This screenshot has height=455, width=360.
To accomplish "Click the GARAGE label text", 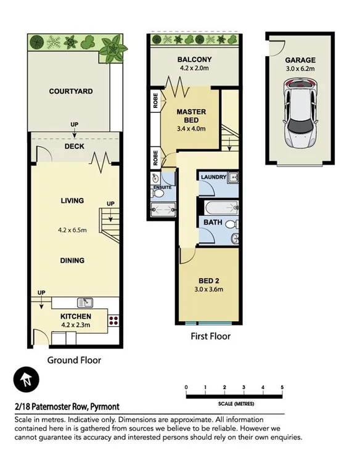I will pos(300,60).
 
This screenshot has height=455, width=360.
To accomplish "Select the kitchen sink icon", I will pos(85,302).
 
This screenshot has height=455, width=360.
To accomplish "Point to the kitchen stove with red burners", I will pos(113,320).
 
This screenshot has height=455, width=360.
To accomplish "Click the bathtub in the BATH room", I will pos(215,207).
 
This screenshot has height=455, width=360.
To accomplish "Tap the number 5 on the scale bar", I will pos(282,387).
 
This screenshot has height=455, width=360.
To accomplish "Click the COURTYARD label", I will pos(71,91).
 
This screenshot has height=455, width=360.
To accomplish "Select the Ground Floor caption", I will pos(74,360).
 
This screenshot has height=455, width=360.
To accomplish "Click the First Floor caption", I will pos(210,337).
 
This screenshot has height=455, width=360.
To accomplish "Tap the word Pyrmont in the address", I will pos(105,407).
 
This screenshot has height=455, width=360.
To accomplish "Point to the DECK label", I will pos(74,147).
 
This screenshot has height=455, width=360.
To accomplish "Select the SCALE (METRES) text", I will pos(235,403).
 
